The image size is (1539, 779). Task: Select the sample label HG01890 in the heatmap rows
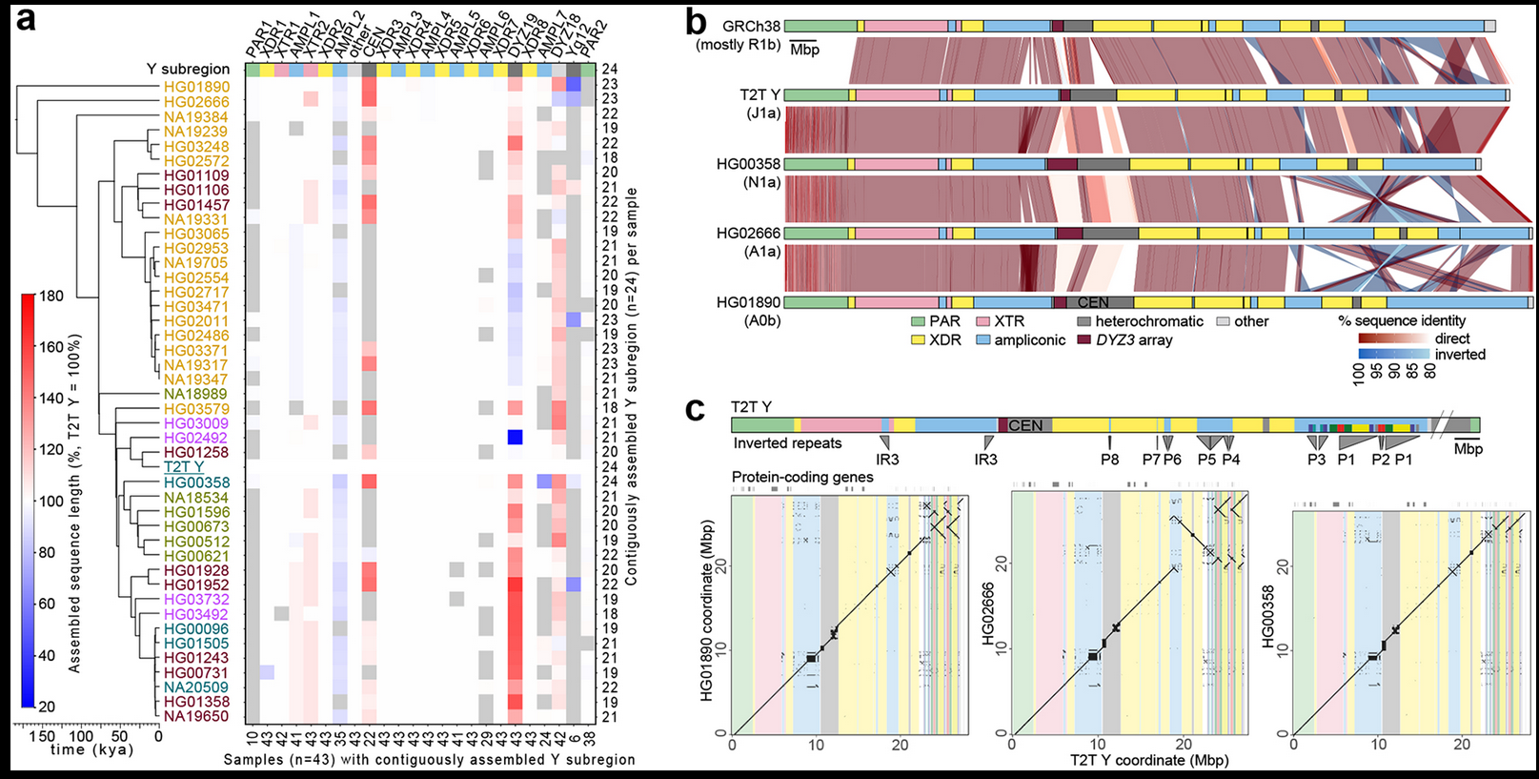(196, 87)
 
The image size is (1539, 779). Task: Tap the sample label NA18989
(195, 394)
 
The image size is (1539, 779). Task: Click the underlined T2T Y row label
(184, 467)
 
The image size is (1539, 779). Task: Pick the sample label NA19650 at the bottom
(196, 716)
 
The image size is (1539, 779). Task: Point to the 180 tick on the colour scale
(51, 296)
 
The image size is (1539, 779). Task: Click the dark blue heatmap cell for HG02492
(515, 438)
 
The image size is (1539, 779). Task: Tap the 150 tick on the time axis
(43, 735)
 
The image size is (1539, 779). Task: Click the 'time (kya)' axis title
(91, 749)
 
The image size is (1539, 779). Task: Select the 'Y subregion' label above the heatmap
(188, 69)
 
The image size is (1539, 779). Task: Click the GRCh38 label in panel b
(751, 27)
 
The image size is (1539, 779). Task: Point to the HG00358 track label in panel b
(748, 164)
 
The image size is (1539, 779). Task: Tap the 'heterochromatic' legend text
(1149, 322)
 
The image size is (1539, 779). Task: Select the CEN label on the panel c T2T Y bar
(1025, 425)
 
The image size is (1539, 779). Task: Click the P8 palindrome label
(1110, 460)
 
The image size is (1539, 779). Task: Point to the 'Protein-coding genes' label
(802, 477)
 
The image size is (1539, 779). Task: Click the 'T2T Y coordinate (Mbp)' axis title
(1149, 760)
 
